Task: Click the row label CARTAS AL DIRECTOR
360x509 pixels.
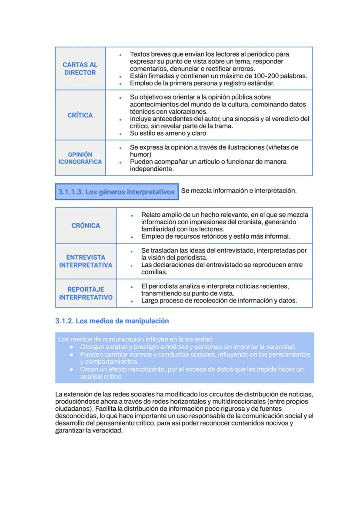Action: (x=80, y=69)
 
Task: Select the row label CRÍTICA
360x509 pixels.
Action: (x=80, y=115)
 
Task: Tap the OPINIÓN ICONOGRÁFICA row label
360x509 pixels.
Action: (x=80, y=158)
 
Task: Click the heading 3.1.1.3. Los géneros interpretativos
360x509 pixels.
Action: (x=117, y=192)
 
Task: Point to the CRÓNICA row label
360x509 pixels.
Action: (x=86, y=226)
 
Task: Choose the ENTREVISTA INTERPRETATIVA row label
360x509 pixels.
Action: (x=86, y=261)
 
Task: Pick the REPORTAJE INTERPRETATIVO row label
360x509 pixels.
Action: (x=86, y=293)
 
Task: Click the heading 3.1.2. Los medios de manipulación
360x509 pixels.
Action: (x=112, y=321)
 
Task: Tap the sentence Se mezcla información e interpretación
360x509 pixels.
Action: (x=239, y=191)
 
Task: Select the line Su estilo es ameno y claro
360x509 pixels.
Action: (x=169, y=133)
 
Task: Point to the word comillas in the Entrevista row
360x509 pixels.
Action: (x=154, y=272)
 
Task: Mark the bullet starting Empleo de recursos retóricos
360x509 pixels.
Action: (x=215, y=236)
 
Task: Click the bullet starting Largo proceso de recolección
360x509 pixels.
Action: (x=219, y=300)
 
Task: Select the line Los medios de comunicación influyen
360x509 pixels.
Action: (x=136, y=339)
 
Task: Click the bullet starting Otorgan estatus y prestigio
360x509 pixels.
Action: (x=188, y=347)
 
